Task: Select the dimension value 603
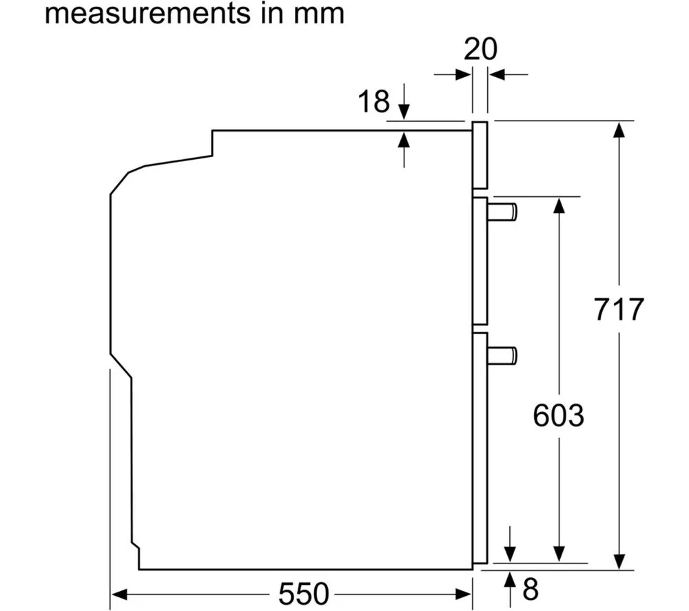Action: pos(559,415)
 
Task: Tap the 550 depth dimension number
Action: pos(304,594)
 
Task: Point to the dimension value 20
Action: pos(480,49)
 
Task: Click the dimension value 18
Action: pos(373,101)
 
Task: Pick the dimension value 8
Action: pos(531,589)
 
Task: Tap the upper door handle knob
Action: pos(502,212)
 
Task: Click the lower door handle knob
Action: pos(502,356)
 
